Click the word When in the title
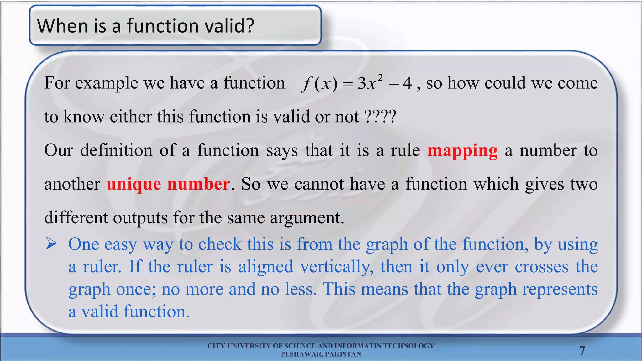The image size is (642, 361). pos(62,26)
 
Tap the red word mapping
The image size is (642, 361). pos(462,151)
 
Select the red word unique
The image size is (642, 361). pos(134,184)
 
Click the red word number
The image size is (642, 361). pos(199,184)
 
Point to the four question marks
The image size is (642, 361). pos(380,117)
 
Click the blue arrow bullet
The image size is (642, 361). pos(51,243)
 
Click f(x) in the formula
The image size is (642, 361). pos(319,84)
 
